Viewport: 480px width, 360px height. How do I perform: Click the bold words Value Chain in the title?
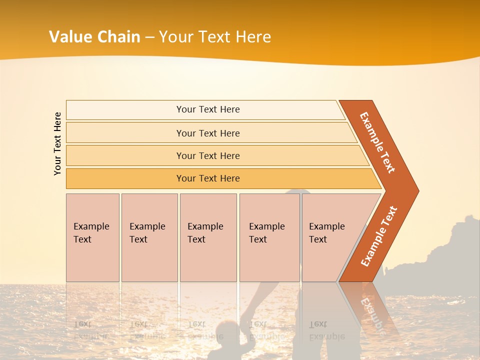coord(94,37)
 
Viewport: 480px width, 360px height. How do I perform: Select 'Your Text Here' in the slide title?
coord(214,37)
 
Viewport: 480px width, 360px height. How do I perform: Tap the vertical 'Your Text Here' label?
coord(57,143)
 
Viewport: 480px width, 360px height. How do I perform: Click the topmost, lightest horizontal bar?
coord(207,109)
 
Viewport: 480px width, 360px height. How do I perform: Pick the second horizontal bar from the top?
coord(207,133)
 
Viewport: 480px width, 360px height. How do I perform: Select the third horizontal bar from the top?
coord(207,155)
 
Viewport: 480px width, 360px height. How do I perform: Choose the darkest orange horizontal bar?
coord(207,178)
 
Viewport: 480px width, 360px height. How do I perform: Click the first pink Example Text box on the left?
coord(92,237)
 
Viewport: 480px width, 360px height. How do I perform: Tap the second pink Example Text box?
coord(149,237)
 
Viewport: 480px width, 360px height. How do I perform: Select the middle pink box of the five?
coord(208,237)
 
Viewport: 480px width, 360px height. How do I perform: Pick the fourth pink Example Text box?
coord(269,237)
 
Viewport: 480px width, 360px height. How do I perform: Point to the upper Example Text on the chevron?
coord(377,142)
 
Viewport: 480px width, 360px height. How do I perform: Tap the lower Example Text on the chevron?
coord(378,236)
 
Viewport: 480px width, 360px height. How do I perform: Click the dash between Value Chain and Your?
coord(149,37)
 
